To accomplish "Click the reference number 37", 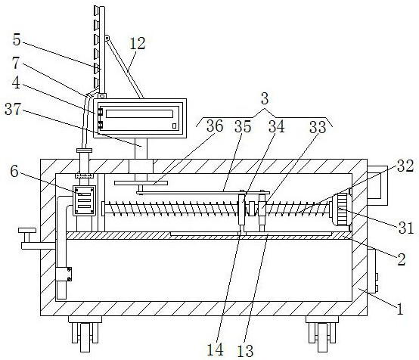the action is (13, 109).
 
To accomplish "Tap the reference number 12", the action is (138, 43).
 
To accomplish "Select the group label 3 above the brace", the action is (265, 98).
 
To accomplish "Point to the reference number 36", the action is (215, 126).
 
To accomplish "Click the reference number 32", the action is (405, 166).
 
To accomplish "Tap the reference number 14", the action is (215, 349).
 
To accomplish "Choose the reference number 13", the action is (245, 351).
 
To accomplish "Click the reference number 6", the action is (14, 172).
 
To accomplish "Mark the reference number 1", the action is (400, 309).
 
